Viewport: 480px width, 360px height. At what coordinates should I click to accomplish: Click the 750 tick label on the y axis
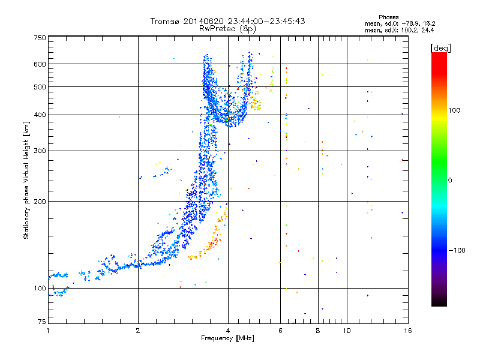40,38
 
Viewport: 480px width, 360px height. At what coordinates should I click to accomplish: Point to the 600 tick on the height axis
40,64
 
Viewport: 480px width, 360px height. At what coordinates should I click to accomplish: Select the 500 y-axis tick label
40,87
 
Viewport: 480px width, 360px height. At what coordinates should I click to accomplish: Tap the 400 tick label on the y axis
40,115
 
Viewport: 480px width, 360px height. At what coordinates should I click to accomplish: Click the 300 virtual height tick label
40,151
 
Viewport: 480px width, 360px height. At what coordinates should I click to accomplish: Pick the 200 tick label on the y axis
40,202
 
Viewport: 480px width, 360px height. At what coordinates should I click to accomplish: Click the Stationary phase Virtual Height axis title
26,181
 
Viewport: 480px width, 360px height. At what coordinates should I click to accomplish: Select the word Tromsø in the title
165,21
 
